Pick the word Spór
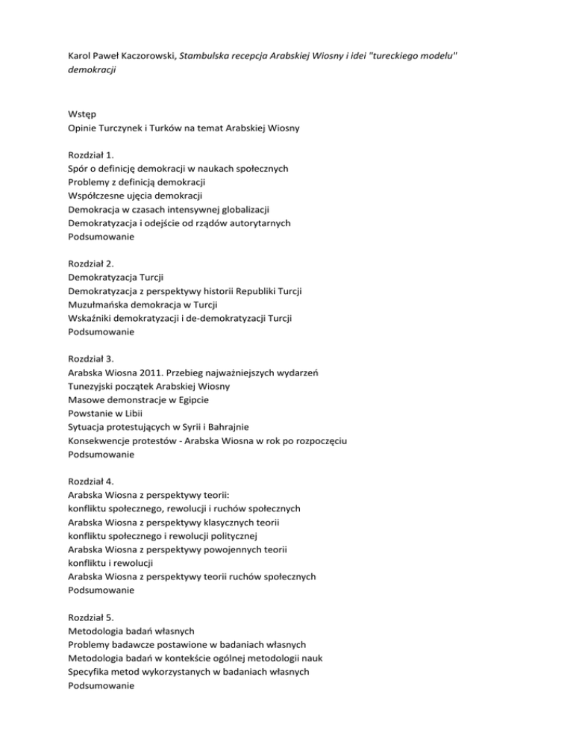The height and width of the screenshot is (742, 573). [79, 169]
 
